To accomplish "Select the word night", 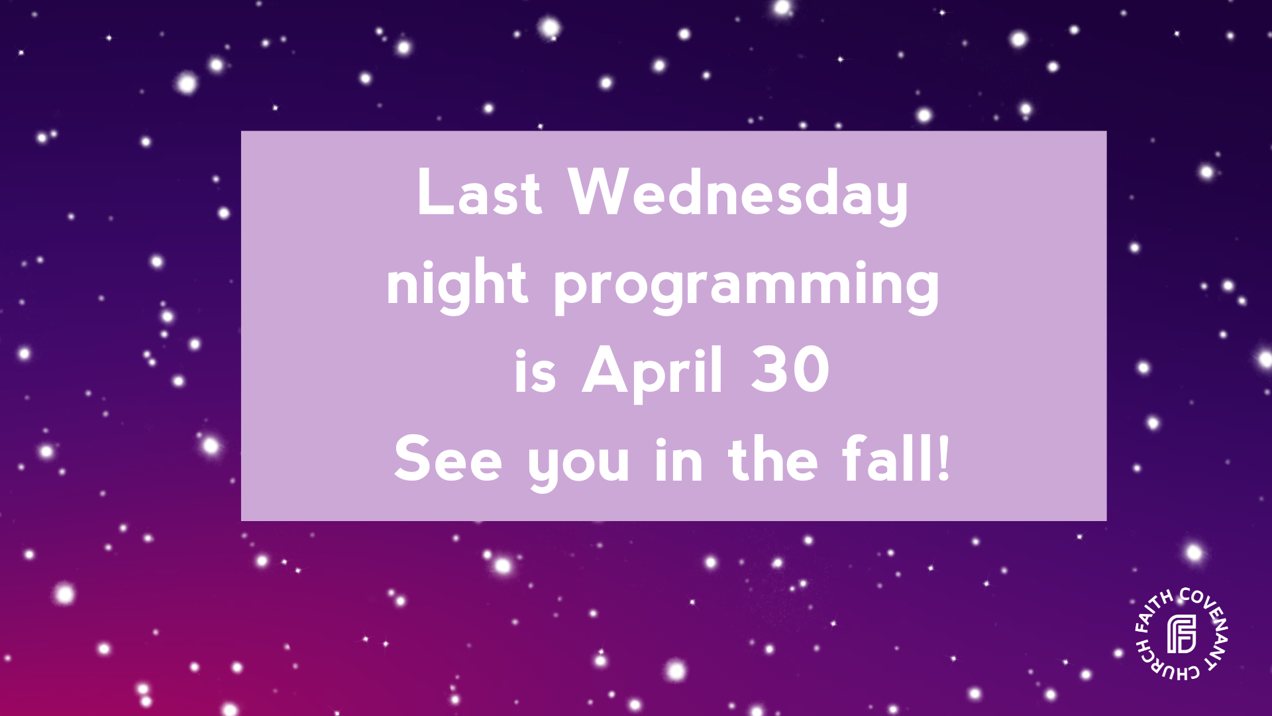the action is point(457,285).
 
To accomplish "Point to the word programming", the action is point(747,286).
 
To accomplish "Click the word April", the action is point(652,373).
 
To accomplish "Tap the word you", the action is point(578,466).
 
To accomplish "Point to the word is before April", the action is point(535,371).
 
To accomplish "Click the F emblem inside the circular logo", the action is point(1181,634).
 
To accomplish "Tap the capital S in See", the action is point(411,459).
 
